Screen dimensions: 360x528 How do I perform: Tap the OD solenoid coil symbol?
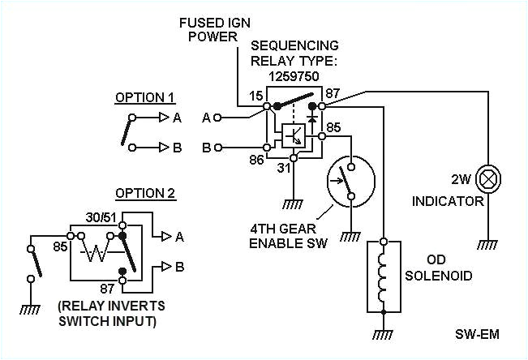(384, 276)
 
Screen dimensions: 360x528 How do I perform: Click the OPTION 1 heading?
(144, 97)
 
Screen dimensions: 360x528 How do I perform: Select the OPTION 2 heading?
(144, 194)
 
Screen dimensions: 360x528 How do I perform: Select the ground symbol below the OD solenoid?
(384, 332)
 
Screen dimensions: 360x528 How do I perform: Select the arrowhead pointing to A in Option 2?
(165, 236)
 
